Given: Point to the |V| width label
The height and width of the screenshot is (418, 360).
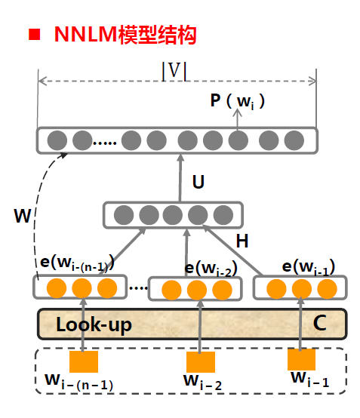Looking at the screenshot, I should coord(174,71).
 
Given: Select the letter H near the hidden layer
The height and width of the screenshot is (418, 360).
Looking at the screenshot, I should coord(242,241).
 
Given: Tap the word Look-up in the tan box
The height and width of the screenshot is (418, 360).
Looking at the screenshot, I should coord(94,325).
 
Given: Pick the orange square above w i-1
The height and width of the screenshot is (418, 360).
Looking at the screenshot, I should coord(302,359).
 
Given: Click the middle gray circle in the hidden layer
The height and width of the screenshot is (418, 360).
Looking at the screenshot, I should coord(174,215).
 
